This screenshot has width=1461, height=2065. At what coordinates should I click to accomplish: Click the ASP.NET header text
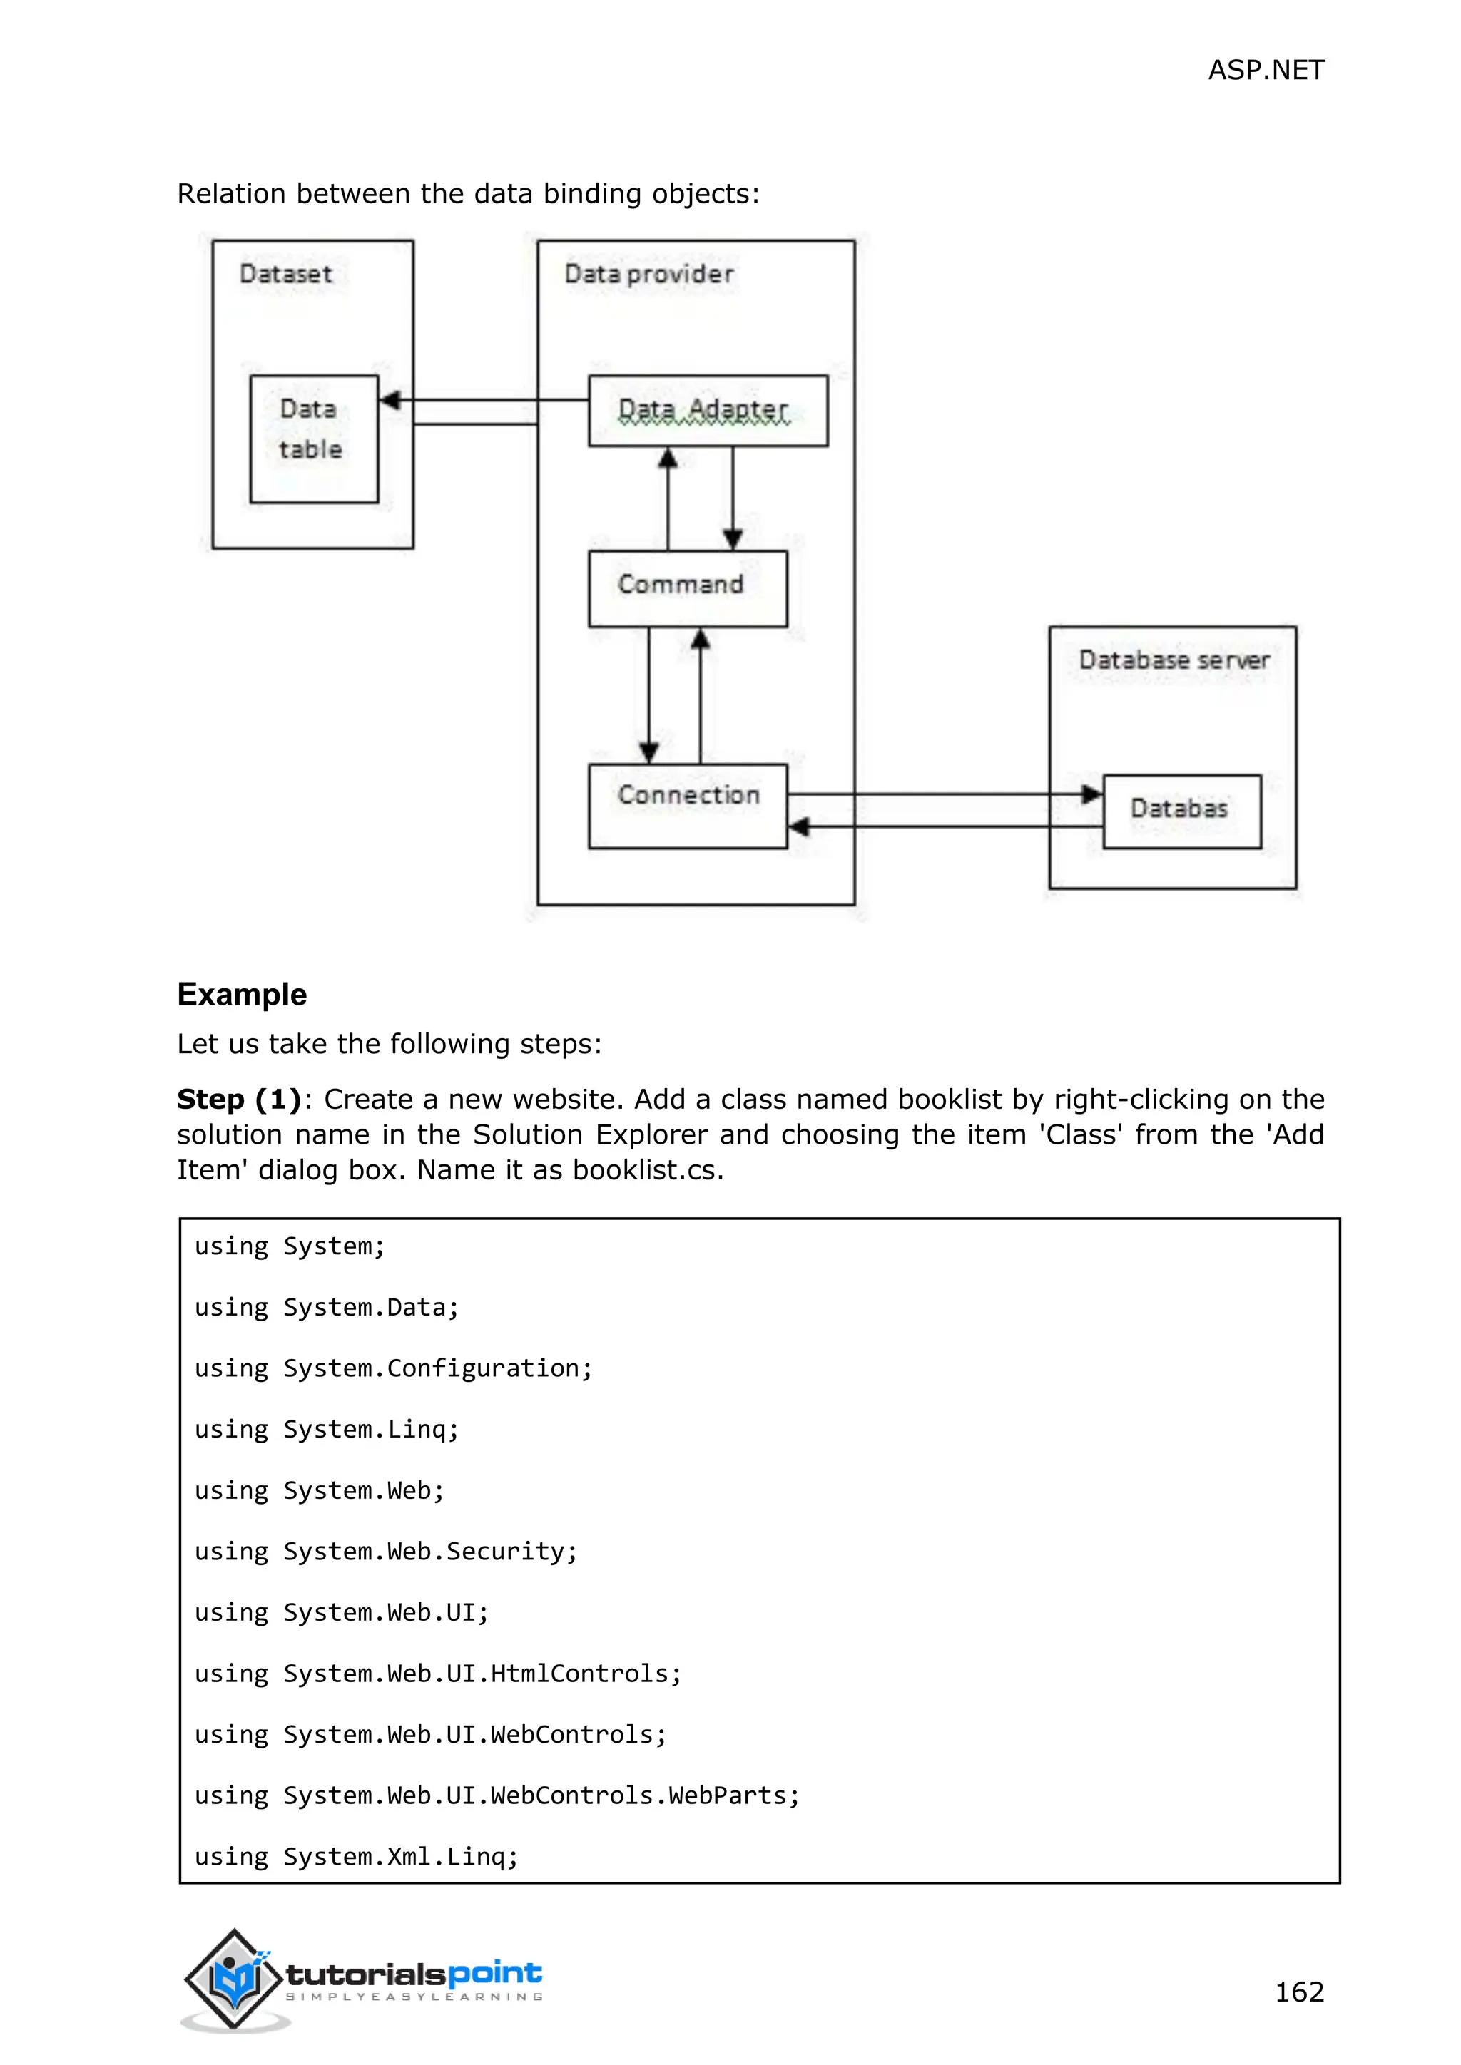pos(1265,70)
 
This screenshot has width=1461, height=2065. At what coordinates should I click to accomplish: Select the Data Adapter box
pos(707,411)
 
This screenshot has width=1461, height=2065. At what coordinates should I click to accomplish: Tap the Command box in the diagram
pos(686,588)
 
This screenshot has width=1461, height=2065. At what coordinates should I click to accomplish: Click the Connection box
pos(687,805)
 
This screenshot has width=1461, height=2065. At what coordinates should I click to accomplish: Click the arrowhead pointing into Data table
pos(390,400)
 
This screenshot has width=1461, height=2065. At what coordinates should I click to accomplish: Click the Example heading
pos(242,994)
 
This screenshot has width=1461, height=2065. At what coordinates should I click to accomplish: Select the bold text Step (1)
pos(238,1099)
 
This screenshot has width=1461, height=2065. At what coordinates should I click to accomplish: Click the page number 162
pos(1299,1992)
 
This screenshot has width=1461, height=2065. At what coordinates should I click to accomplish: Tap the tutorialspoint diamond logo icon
pos(234,1978)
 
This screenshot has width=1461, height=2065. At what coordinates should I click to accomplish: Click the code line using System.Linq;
pos(327,1429)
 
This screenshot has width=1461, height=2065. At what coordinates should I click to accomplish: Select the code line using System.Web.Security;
pos(386,1552)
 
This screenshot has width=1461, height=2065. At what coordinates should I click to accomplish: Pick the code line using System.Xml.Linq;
pos(356,1856)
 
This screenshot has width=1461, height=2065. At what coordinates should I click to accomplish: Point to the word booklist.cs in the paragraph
pos(647,1170)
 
